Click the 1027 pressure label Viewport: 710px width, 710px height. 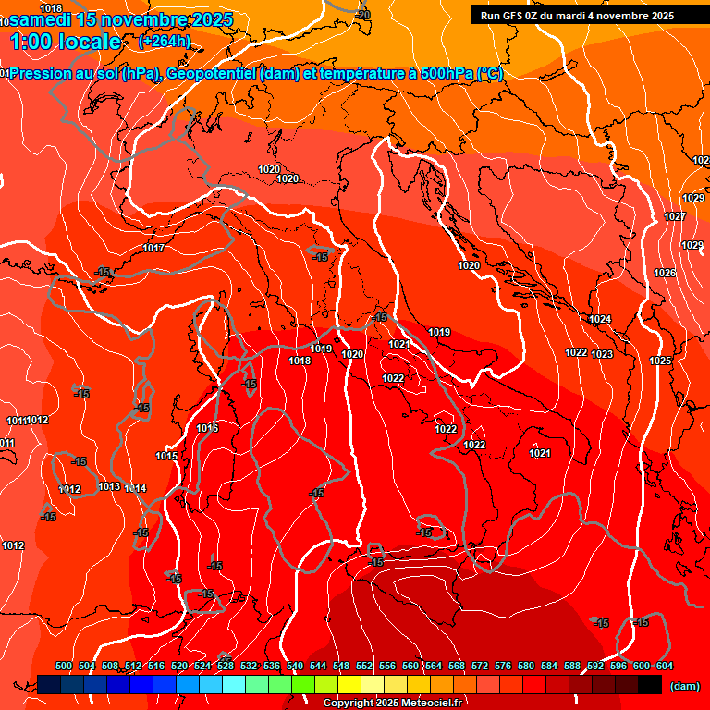point(675,216)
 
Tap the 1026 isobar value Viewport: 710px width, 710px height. point(664,273)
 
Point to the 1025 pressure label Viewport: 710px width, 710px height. point(660,361)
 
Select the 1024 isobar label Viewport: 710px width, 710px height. point(600,319)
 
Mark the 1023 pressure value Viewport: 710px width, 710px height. point(602,354)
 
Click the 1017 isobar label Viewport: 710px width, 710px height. point(153,248)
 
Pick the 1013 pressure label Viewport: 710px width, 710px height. point(109,486)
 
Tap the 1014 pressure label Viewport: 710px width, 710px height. point(135,488)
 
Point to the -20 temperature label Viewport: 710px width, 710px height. point(362,15)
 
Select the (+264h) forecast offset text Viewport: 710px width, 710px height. point(164,42)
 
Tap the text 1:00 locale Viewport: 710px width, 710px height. point(67,42)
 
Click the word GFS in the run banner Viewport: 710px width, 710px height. point(515,16)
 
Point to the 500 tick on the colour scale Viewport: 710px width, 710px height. point(64,666)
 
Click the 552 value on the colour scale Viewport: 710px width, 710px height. point(363,666)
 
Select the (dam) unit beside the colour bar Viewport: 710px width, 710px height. point(684,686)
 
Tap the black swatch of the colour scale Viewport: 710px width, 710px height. point(650,684)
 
